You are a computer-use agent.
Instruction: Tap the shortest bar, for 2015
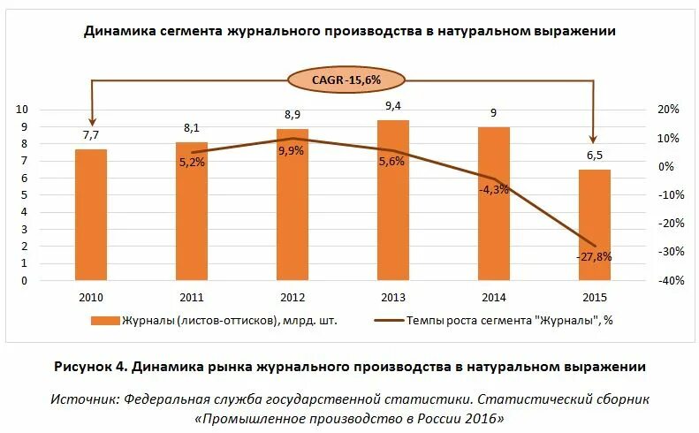[595, 225]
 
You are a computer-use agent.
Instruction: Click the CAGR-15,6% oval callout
[346, 80]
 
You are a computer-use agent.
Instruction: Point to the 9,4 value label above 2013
[393, 107]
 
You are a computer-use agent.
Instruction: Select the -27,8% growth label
[595, 257]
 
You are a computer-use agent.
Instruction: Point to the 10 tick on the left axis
[48, 110]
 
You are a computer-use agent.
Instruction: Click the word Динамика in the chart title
[120, 31]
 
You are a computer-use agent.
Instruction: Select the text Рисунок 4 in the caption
[88, 366]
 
